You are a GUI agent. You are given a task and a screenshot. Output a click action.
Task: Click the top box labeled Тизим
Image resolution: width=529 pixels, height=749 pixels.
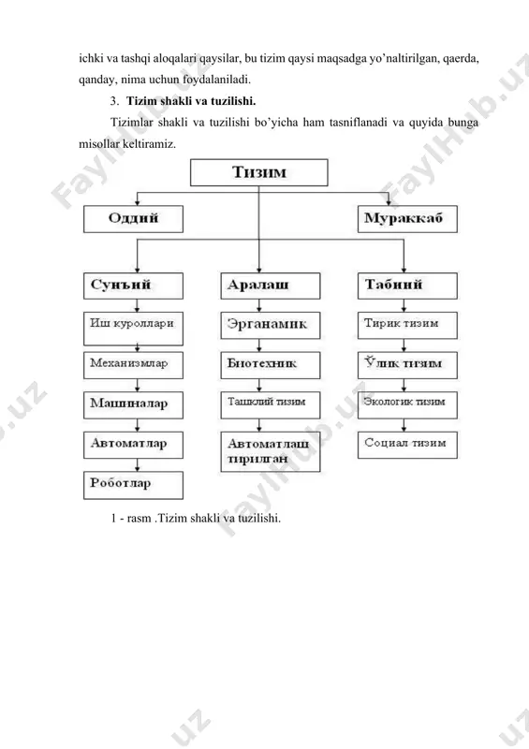[259, 172]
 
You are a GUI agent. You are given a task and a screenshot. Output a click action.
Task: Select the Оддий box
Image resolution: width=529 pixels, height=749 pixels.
[133, 219]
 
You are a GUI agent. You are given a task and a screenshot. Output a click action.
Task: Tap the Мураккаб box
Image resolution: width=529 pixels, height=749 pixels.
[407, 219]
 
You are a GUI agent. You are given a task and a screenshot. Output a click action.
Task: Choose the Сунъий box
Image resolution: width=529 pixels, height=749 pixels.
[133, 286]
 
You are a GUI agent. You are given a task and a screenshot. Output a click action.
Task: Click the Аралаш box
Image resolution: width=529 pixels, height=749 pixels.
[271, 286]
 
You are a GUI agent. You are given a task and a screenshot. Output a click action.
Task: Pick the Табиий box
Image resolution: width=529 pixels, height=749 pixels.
[407, 286]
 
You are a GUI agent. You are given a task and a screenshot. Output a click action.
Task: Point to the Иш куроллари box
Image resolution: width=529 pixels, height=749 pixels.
[133, 329]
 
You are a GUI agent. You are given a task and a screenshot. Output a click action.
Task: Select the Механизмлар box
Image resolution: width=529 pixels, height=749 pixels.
[133, 365]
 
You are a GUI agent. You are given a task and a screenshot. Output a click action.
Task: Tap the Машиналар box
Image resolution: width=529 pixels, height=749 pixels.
[133, 405]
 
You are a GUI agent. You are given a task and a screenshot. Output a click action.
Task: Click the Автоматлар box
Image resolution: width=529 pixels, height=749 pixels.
[133, 446]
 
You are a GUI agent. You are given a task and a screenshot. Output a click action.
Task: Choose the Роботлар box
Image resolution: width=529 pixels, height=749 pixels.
[133, 485]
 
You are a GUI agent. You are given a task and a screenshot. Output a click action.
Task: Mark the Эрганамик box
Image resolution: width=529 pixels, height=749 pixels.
[271, 326]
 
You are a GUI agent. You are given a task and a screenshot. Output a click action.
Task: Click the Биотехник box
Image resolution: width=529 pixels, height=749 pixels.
[271, 365]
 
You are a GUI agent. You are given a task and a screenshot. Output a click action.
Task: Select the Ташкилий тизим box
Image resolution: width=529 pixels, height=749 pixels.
[271, 405]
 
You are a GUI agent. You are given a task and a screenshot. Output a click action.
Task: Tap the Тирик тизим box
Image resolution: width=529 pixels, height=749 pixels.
[407, 326]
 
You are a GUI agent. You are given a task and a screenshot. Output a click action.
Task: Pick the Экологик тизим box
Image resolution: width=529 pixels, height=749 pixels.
[407, 405]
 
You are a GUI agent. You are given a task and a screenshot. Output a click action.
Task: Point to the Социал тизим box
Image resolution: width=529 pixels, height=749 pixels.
[407, 446]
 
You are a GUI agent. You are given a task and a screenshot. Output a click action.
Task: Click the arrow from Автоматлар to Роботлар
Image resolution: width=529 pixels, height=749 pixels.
[138, 465]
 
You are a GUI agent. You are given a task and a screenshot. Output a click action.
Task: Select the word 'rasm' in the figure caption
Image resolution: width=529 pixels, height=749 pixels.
[140, 519]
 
